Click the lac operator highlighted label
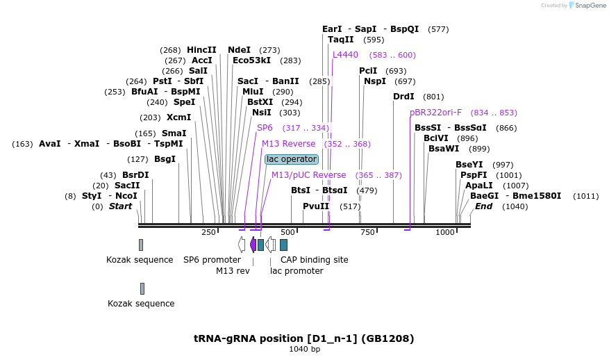coord(292,159)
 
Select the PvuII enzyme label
coord(316,206)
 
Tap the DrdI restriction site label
coord(403,97)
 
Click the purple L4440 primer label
coord(345,55)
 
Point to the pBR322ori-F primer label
coord(435,113)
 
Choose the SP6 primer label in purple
coord(265,128)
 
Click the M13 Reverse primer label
coord(288,144)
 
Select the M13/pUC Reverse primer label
coord(308,175)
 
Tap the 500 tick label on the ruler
coord(287,232)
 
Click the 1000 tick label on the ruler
coord(445,232)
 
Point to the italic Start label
coord(120,206)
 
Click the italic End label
coord(483,206)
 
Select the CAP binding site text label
coord(314,260)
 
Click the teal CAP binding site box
coord(283,245)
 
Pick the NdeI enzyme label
coord(239,50)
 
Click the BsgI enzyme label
coord(165,159)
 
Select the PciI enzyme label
coord(368,71)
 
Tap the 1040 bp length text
coord(304,349)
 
